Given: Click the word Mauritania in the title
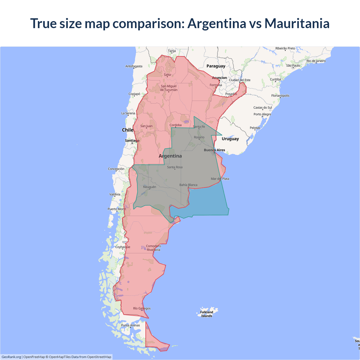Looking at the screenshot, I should (x=297, y=23).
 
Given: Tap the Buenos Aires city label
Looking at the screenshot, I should (x=214, y=150).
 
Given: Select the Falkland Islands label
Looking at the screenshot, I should (x=207, y=314).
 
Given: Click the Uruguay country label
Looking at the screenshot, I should (x=230, y=139).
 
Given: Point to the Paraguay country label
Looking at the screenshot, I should (x=216, y=66).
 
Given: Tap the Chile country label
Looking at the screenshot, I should (x=127, y=130).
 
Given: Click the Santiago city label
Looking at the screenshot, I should (x=132, y=140).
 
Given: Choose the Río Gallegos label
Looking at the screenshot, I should (x=142, y=308).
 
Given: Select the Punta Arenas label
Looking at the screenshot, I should (x=130, y=325).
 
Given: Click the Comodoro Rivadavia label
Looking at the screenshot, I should (x=153, y=248).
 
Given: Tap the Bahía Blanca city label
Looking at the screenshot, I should (x=188, y=185).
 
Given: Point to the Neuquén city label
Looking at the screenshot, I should (x=149, y=187).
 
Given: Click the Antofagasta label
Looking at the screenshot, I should (x=134, y=66).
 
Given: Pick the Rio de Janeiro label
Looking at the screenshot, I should (x=316, y=61).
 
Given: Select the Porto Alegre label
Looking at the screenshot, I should (x=262, y=114).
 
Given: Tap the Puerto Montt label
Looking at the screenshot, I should (x=117, y=209).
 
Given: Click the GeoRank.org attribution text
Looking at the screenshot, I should (x=11, y=357).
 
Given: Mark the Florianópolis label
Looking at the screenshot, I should (x=280, y=96).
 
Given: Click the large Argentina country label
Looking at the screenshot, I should (x=170, y=156).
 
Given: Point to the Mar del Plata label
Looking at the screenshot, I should (x=220, y=179).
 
